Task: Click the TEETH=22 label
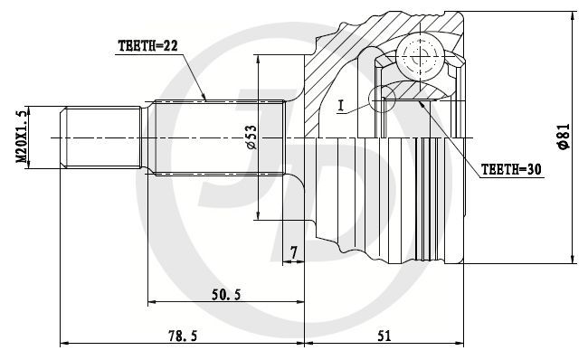click(147, 46)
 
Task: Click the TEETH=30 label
click(511, 169)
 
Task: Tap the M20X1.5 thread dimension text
click(22, 137)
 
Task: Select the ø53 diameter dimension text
click(251, 137)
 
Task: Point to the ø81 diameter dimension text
click(564, 137)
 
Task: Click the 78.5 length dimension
click(183, 336)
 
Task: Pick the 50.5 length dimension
click(226, 295)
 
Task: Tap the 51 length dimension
click(384, 336)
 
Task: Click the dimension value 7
click(294, 252)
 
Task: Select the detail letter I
click(340, 106)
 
